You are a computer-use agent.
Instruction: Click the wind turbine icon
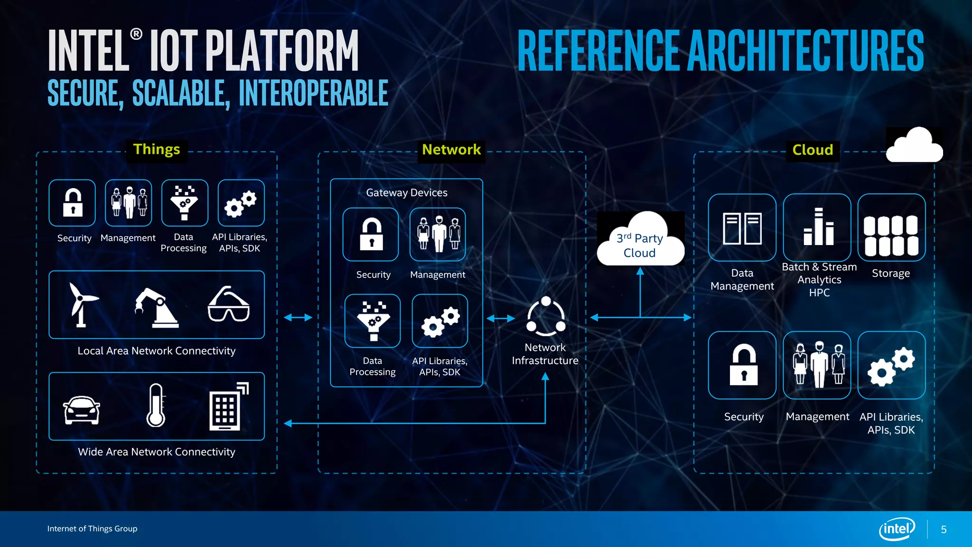pos(82,305)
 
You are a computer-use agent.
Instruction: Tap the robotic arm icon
pos(157,308)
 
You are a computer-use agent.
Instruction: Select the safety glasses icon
pos(228,305)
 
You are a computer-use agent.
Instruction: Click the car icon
pos(82,409)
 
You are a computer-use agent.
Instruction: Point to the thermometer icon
pos(156,406)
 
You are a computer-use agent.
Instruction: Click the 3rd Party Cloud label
pos(640,245)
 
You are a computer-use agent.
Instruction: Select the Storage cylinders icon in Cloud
pos(891,236)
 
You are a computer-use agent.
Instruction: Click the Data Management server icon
pos(742,228)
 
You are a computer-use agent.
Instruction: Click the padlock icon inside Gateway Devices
pos(371,234)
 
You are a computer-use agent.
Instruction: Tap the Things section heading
pos(157,150)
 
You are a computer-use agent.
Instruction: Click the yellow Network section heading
pos(451,150)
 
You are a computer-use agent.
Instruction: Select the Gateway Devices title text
pos(407,193)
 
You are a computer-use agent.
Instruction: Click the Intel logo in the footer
pos(897,528)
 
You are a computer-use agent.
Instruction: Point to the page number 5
pos(944,529)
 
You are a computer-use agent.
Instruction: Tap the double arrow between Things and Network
pos(298,317)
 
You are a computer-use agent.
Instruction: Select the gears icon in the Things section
pos(241,204)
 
